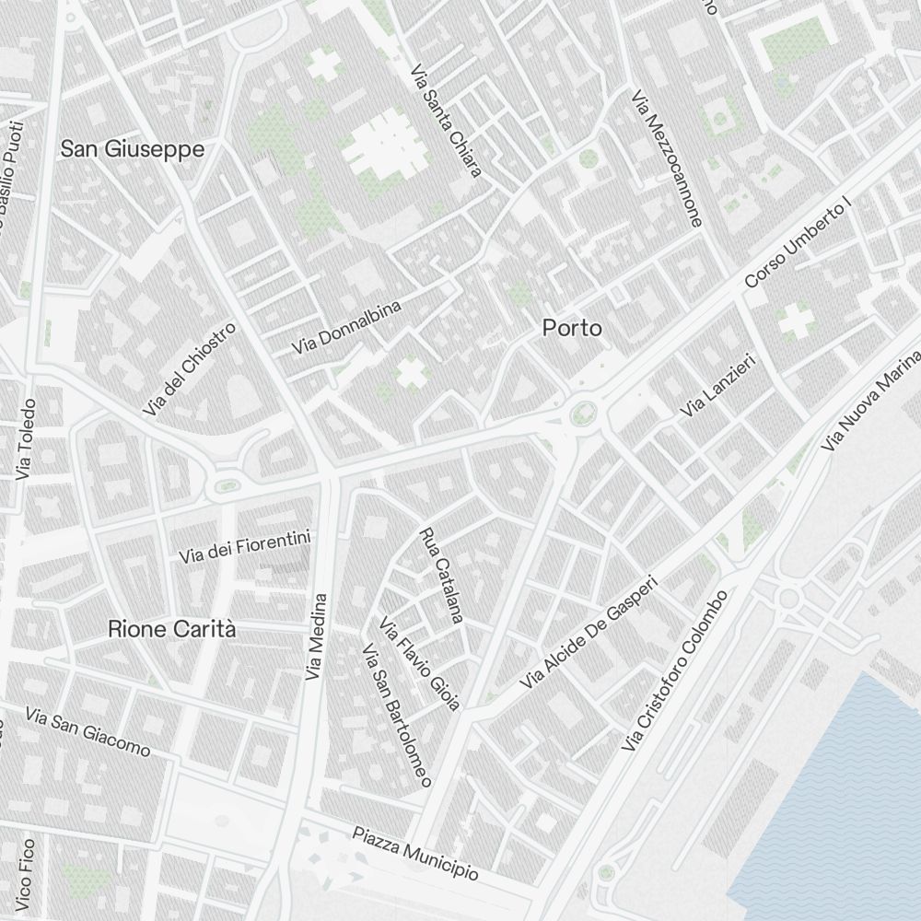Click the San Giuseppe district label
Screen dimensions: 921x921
(x=133, y=149)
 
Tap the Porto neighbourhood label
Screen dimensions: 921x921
(x=572, y=328)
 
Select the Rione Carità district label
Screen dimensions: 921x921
(x=172, y=630)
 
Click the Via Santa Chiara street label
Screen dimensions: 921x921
(x=447, y=120)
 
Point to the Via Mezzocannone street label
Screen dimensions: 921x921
(x=668, y=158)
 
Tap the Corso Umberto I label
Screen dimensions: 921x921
(x=798, y=242)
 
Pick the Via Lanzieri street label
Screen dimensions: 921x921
(x=717, y=384)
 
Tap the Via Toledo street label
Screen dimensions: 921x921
(x=25, y=439)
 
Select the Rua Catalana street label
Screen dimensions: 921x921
(x=440, y=577)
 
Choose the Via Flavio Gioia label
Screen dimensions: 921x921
(x=419, y=663)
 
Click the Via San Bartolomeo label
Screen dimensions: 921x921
(x=397, y=717)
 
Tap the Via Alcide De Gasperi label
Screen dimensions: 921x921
(x=590, y=633)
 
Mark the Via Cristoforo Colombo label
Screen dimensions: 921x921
(x=675, y=670)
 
